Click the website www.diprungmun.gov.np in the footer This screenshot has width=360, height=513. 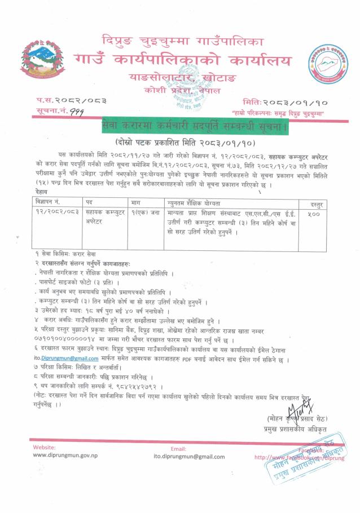point(67,456)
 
